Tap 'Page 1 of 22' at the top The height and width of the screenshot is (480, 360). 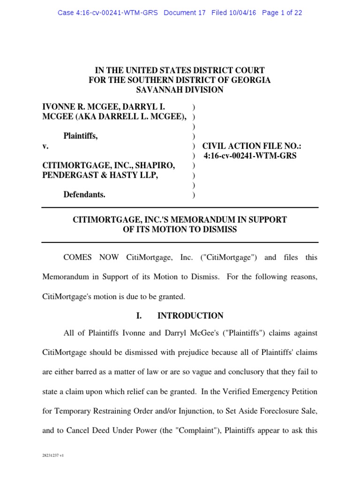[x=282, y=13]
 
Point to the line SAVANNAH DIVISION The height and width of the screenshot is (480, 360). [x=180, y=90]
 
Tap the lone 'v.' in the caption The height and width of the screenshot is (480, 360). [x=45, y=146]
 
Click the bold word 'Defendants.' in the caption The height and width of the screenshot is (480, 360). [x=84, y=195]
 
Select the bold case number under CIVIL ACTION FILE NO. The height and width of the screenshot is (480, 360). [x=250, y=156]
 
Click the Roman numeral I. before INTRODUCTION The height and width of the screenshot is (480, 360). [x=139, y=315]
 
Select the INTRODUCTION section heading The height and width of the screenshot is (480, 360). [x=190, y=315]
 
